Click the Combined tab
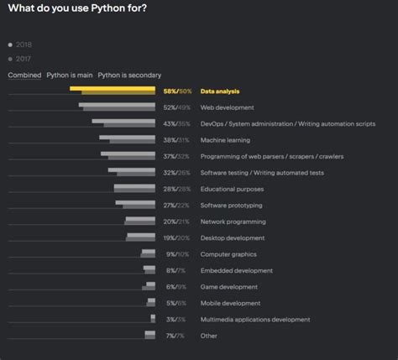(24, 75)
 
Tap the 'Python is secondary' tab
(129, 75)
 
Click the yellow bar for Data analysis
(113, 91)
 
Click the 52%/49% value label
(177, 107)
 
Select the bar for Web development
(118, 107)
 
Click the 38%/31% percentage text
(177, 140)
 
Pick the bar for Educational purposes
(134, 189)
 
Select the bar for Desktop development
(139, 237)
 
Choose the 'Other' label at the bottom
(209, 336)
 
